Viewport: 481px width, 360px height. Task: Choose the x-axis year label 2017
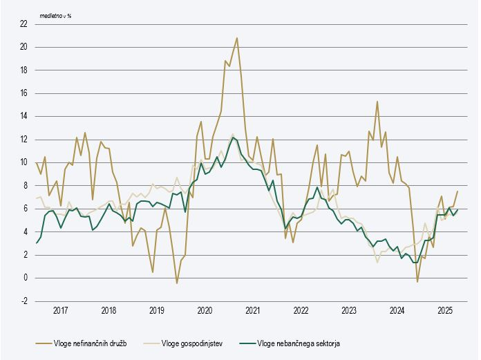click(60, 311)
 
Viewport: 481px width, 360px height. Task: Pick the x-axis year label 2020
click(205, 311)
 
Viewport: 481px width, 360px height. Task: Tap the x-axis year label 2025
click(445, 311)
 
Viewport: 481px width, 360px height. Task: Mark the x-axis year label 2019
click(156, 311)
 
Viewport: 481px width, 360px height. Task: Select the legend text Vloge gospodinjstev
click(193, 343)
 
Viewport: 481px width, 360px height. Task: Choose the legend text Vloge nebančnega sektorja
click(299, 343)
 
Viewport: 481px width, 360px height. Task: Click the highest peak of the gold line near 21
click(237, 38)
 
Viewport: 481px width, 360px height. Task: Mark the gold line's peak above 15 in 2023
click(377, 102)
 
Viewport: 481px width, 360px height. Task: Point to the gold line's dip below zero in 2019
click(177, 283)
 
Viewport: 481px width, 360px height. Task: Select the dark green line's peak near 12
click(233, 138)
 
